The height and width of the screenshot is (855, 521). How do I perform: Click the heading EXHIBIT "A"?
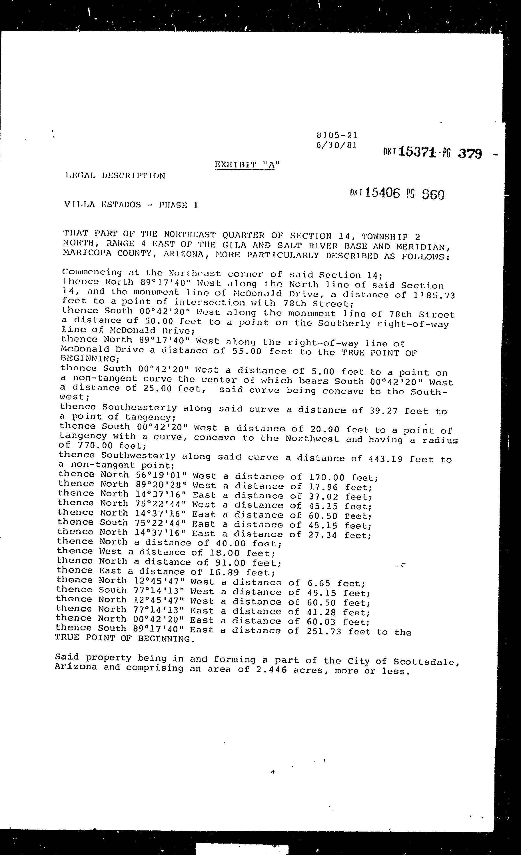(247, 165)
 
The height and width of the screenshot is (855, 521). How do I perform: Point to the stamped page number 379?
(470, 153)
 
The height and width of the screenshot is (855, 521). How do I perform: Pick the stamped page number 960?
(433, 195)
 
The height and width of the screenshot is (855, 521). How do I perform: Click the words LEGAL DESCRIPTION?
(115, 175)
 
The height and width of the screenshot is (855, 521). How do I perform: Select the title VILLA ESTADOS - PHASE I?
(131, 205)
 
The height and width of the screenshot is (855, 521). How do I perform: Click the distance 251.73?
(324, 631)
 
